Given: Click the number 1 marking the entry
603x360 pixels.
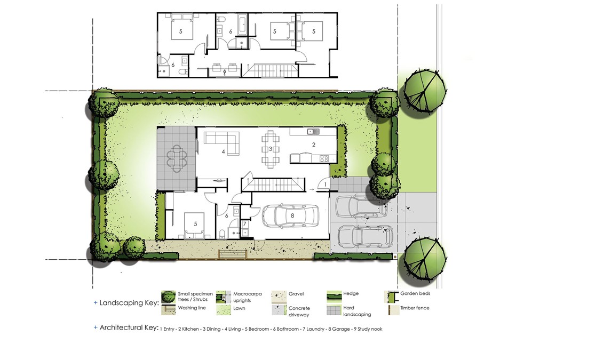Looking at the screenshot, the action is (x=326, y=185).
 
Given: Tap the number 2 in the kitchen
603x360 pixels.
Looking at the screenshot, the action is (x=314, y=145).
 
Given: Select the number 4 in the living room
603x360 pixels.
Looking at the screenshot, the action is (x=224, y=152).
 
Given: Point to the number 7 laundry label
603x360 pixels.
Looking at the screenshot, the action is (x=244, y=224).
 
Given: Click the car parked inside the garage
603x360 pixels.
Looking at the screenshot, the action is (x=291, y=216).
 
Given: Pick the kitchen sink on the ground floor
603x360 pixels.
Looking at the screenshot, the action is (x=313, y=132).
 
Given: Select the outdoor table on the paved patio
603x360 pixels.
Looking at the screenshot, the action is (x=177, y=158).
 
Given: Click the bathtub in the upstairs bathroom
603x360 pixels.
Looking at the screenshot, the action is (x=242, y=25).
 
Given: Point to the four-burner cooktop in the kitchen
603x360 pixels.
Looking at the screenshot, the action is (x=324, y=158).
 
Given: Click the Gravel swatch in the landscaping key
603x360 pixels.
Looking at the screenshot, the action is (x=279, y=297).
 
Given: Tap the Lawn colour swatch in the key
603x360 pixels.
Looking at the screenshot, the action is (x=224, y=310).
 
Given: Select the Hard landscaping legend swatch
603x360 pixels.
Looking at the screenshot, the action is (x=334, y=310).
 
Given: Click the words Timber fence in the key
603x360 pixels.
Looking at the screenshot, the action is (x=415, y=308).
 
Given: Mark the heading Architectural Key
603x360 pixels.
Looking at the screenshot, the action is (x=129, y=327).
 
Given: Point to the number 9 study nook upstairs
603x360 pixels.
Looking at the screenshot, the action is (x=225, y=71).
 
